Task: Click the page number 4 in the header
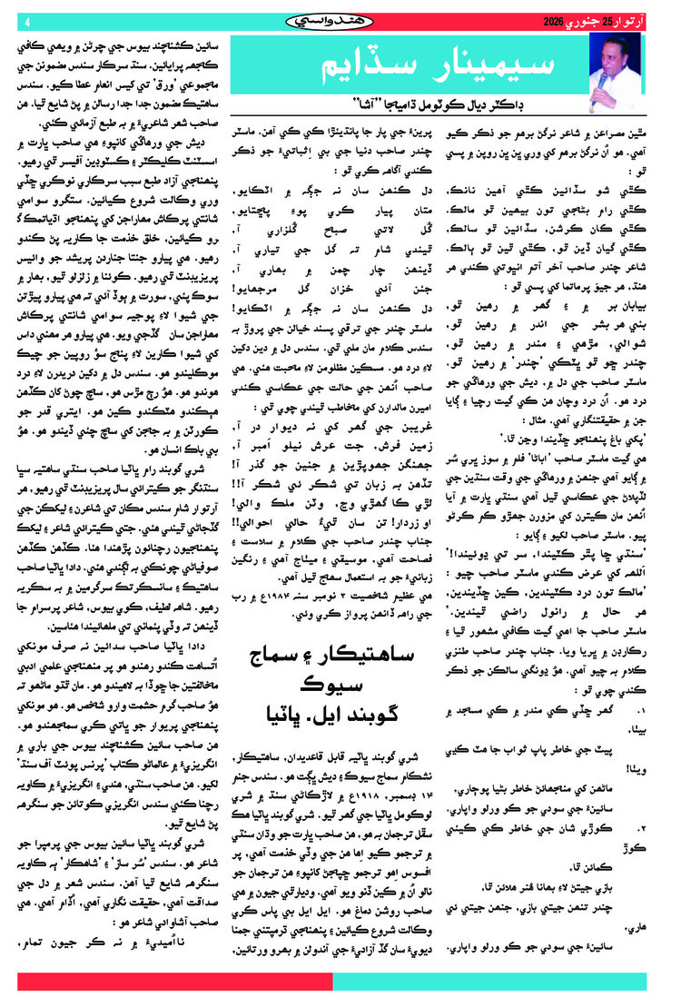[x=27, y=21]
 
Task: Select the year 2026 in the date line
[x=556, y=20]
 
